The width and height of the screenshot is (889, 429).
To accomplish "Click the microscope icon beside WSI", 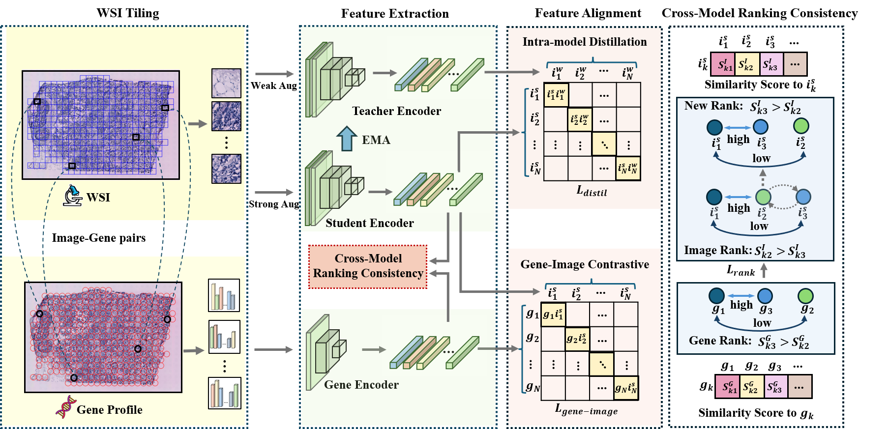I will click(x=72, y=196).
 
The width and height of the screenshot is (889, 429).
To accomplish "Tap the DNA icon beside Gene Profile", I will click(x=65, y=407).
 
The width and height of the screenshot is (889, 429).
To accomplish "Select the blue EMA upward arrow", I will click(x=347, y=138).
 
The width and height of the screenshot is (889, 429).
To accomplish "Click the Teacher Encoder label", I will click(x=396, y=111).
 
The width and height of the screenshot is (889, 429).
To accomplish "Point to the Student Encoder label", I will click(x=369, y=223).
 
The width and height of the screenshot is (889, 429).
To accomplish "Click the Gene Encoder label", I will click(x=361, y=385).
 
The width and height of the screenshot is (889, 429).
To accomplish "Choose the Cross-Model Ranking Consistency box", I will click(x=368, y=266).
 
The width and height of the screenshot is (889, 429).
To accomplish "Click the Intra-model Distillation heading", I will click(x=584, y=42).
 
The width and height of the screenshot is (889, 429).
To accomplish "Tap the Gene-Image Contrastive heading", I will click(x=585, y=264).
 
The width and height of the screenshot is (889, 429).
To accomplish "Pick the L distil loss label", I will click(x=592, y=191).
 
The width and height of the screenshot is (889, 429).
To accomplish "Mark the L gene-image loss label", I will click(x=586, y=409).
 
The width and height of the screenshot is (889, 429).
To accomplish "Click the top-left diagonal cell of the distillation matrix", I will click(x=556, y=95).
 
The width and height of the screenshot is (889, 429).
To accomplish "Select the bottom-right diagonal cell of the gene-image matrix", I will click(x=626, y=388).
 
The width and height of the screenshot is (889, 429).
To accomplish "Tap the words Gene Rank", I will click(x=720, y=341).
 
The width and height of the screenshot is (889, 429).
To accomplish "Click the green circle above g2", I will click(x=805, y=296).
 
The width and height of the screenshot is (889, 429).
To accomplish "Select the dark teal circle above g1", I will click(x=716, y=296).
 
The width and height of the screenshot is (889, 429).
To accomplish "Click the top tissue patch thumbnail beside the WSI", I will click(x=226, y=83).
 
